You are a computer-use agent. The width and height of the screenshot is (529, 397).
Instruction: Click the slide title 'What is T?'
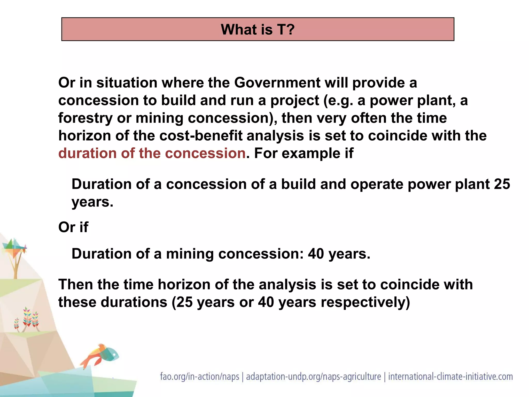coord(258,29)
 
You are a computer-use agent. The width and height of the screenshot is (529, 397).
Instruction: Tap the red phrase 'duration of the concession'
coord(152,153)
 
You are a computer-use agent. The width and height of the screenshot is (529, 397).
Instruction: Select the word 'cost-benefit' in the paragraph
coord(201,136)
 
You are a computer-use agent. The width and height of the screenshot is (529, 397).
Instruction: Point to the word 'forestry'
coord(85,118)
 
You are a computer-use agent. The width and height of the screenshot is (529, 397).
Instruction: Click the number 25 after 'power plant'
coord(502,184)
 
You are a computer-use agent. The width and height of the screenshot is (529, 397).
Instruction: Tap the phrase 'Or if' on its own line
coord(73,227)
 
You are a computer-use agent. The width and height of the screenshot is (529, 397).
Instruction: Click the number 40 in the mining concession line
coord(316,254)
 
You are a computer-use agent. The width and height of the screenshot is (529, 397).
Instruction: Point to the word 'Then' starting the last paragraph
coord(75,285)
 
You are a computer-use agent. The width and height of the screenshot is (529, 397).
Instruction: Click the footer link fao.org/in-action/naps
coord(199,377)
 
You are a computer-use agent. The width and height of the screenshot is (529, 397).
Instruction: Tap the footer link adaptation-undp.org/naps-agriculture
coord(313,377)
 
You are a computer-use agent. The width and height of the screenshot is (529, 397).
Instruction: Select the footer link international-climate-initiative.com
coord(450,377)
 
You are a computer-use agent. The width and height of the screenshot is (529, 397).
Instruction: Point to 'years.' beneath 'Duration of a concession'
coord(92,202)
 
